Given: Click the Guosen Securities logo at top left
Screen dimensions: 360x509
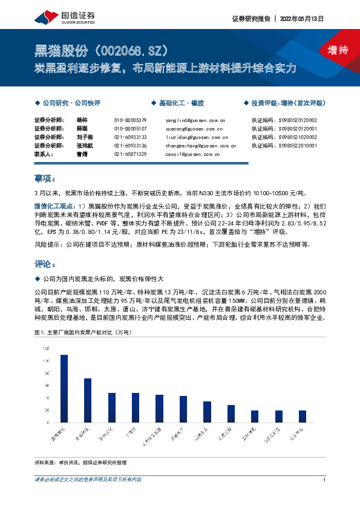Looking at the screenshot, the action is (62, 16).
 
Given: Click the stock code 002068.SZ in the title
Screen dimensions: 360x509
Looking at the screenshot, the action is (128, 51).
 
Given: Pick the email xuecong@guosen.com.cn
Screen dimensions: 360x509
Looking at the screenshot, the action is (194, 129).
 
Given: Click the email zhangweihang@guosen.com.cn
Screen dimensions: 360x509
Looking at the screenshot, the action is (201, 146).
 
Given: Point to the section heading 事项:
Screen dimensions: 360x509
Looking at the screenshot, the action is (45, 179).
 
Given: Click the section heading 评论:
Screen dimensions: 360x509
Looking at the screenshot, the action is (45, 264).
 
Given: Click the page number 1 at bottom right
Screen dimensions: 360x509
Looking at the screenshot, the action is (325, 480).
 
